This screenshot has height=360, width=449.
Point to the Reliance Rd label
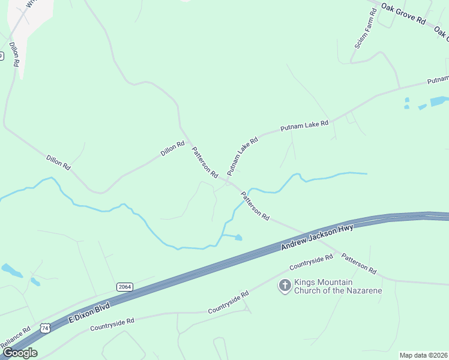(15, 338)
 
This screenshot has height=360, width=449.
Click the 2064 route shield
(124, 287)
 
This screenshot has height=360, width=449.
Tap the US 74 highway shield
(44, 328)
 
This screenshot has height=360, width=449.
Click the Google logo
(19, 352)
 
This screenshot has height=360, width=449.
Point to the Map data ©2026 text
(423, 355)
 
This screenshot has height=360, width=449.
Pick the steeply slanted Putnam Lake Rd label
(242, 155)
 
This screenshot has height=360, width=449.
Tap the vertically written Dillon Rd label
(14, 54)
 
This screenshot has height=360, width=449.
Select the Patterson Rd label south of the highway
(358, 263)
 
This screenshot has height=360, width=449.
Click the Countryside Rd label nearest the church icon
(311, 262)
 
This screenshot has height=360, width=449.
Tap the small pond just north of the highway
(238, 238)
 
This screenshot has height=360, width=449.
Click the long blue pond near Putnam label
(438, 101)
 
